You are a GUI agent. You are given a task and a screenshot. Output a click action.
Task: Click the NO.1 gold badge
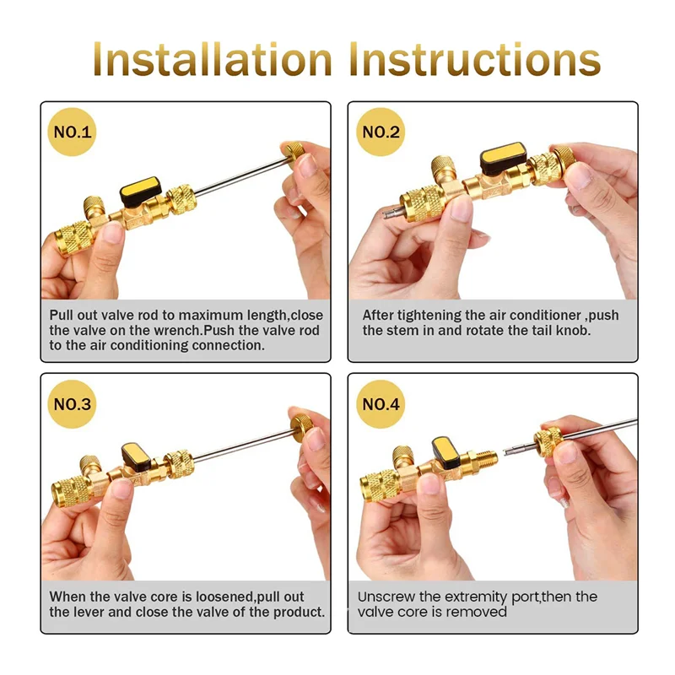coord(74,132)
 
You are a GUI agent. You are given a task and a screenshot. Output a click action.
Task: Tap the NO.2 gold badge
coord(382,132)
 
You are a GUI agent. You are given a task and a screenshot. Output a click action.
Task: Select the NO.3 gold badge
coord(74,403)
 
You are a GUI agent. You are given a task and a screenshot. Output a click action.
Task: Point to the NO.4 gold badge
coord(382,403)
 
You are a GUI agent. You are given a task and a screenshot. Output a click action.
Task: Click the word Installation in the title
coord(213,59)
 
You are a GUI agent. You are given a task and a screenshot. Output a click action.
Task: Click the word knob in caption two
coord(575,330)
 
